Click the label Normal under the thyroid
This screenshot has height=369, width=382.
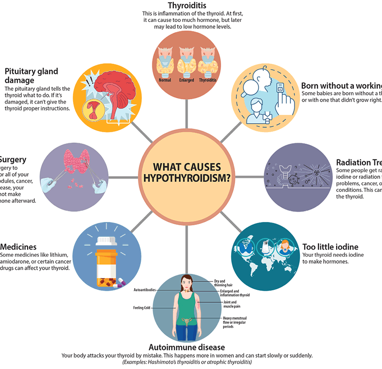[x=165, y=80]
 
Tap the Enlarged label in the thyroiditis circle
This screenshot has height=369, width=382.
[x=187, y=80]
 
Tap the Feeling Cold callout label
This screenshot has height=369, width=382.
[x=142, y=308]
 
